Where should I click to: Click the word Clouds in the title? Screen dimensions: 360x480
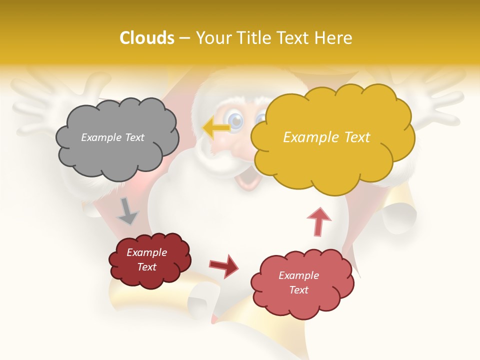click(147, 38)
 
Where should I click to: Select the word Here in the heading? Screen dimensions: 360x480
click(334, 38)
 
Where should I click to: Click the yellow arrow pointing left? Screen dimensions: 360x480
click(216, 128)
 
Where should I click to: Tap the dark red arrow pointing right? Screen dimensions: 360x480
click(224, 265)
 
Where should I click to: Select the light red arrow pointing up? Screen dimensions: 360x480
click(319, 221)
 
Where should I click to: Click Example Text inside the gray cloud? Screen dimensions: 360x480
click(112, 137)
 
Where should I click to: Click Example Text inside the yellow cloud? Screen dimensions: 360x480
click(326, 137)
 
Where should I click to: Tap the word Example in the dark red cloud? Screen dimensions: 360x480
click(146, 252)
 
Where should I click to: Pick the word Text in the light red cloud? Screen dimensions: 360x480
click(298, 290)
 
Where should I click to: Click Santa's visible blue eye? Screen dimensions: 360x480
click(234, 120)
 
